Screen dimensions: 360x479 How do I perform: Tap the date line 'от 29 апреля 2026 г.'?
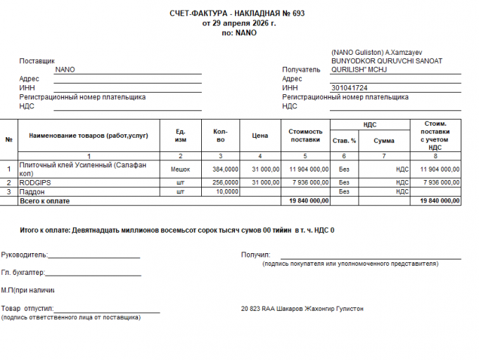(x=239, y=23)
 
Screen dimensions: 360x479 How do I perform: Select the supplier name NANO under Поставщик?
(x=65, y=70)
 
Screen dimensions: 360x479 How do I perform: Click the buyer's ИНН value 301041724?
(x=350, y=88)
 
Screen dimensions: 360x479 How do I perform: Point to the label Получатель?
(x=301, y=70)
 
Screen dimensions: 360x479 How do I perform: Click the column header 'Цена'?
(x=260, y=135)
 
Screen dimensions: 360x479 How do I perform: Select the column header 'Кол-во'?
(x=220, y=135)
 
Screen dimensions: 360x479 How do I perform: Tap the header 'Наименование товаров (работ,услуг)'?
(x=89, y=135)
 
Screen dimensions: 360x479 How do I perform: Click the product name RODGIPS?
(x=35, y=182)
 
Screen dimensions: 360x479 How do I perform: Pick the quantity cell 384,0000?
(x=226, y=169)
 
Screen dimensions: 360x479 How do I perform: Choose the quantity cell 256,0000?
(x=226, y=182)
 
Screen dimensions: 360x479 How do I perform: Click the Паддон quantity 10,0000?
(x=227, y=191)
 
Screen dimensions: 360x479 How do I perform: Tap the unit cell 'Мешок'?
(x=181, y=169)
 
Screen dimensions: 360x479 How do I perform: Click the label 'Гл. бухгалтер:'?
(x=23, y=272)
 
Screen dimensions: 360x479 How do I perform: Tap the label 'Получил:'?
(x=255, y=255)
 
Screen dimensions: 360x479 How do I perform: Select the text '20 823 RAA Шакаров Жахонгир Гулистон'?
(x=302, y=309)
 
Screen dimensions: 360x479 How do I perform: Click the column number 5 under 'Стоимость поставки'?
(x=305, y=155)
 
